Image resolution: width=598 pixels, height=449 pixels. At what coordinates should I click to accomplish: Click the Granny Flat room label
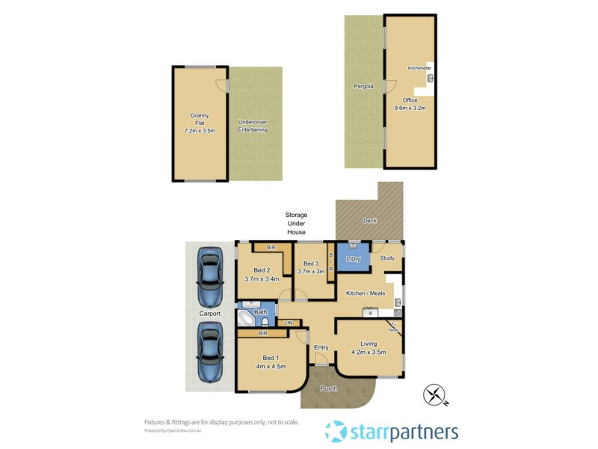tap(200, 123)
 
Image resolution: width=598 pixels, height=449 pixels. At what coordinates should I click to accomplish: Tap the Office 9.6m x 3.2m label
tap(410, 104)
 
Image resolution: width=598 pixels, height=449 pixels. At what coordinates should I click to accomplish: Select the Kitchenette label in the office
tap(419, 68)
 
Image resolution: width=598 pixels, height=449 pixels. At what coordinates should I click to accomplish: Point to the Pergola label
tap(363, 86)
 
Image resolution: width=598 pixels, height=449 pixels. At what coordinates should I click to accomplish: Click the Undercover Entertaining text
tap(253, 126)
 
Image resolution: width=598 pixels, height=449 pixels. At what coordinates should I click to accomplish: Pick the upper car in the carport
tap(209, 275)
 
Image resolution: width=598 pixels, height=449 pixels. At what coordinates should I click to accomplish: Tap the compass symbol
tap(435, 394)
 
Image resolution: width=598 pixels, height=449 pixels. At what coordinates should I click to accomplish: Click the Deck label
tap(369, 221)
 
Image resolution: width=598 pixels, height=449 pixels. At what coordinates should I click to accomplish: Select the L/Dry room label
tap(353, 260)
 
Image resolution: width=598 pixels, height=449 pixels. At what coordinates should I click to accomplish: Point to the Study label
tap(387, 258)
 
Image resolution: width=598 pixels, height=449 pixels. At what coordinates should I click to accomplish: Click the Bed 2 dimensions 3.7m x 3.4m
tap(262, 279)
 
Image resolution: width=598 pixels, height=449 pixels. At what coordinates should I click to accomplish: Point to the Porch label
tap(328, 388)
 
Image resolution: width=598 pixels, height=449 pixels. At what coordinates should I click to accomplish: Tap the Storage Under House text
tap(296, 224)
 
